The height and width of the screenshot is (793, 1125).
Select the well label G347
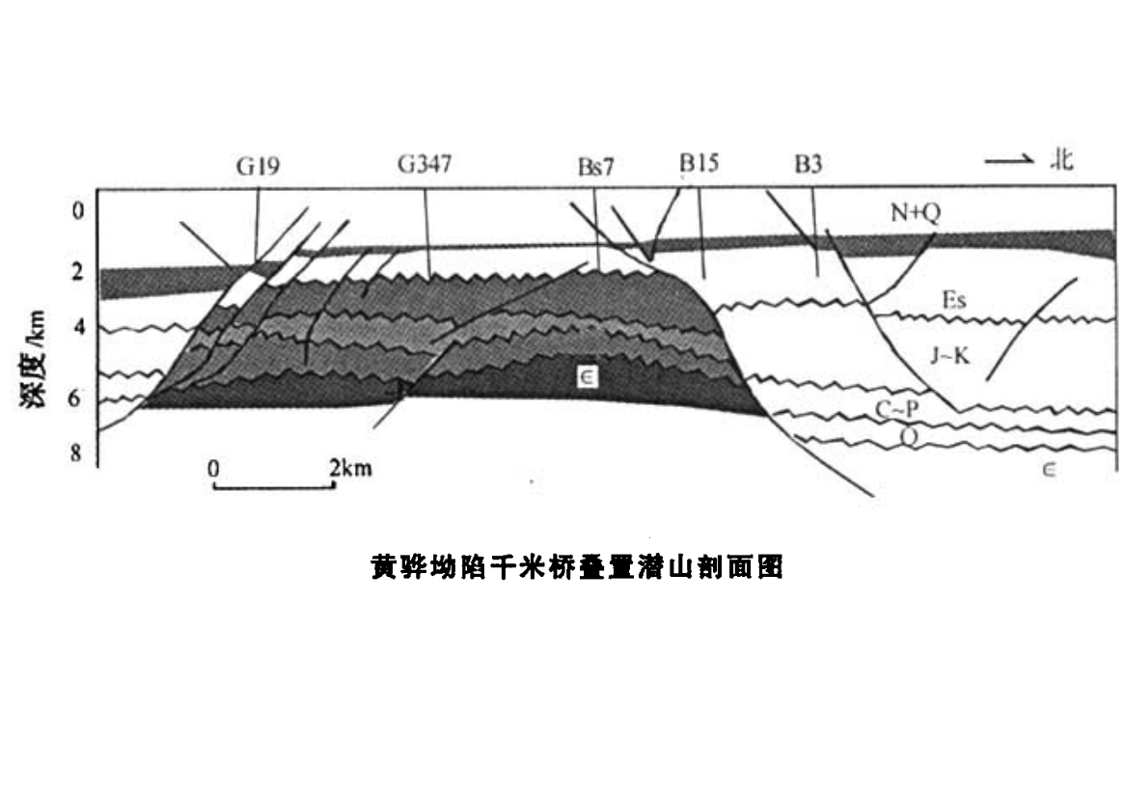click(x=425, y=164)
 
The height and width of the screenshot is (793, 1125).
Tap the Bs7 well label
click(x=595, y=167)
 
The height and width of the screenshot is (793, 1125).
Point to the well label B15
click(x=699, y=164)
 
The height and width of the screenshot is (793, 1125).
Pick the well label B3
click(x=809, y=165)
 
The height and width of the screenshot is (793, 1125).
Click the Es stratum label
click(x=952, y=301)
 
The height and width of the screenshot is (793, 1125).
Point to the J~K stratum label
click(x=949, y=356)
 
